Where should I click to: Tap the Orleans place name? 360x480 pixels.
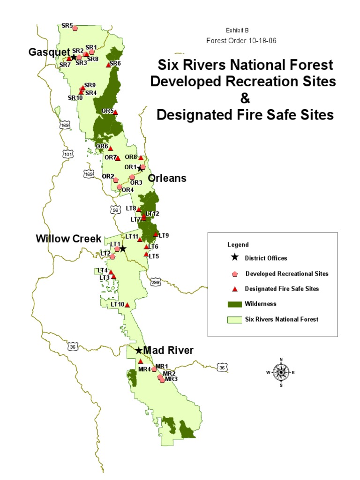tap(167, 178)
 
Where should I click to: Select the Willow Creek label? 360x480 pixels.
tap(68, 239)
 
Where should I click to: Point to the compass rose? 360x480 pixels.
tap(281, 373)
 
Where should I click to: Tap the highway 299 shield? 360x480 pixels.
tap(156, 282)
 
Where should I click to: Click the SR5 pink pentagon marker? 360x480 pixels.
tap(75, 28)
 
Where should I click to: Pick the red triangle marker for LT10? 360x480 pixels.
tap(127, 305)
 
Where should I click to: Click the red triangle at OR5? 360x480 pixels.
tap(115, 112)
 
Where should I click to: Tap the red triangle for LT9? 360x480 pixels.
tap(156, 234)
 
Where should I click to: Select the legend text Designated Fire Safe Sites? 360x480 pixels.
tap(282, 289)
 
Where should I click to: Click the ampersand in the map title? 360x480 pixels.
tap(245, 98)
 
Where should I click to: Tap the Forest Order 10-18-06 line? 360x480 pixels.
tap(241, 40)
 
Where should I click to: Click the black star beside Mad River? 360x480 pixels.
tap(138, 351)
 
